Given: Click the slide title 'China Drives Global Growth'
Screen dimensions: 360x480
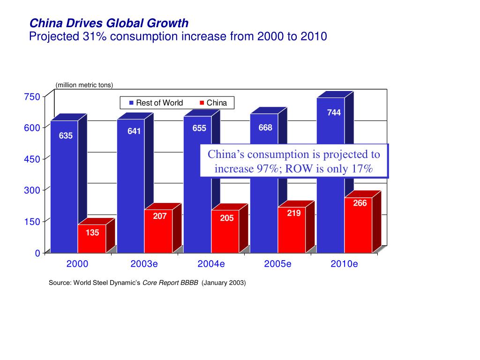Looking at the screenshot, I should pyautogui.click(x=109, y=23).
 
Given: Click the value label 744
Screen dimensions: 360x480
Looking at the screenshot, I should pyautogui.click(x=334, y=113).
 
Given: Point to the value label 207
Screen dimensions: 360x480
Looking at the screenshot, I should pyautogui.click(x=160, y=217).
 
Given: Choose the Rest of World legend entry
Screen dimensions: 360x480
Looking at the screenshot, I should pyautogui.click(x=156, y=103).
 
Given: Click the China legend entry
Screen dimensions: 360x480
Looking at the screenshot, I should pyautogui.click(x=213, y=103).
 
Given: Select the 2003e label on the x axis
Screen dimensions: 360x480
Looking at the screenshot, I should pyautogui.click(x=144, y=264).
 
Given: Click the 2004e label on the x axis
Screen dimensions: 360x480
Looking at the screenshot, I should pyautogui.click(x=211, y=264).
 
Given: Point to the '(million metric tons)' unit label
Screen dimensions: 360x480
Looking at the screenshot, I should pyautogui.click(x=84, y=85).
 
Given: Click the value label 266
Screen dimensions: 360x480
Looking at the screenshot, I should pyautogui.click(x=360, y=203).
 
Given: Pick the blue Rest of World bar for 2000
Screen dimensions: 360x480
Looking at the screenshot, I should pyautogui.click(x=64, y=187).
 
